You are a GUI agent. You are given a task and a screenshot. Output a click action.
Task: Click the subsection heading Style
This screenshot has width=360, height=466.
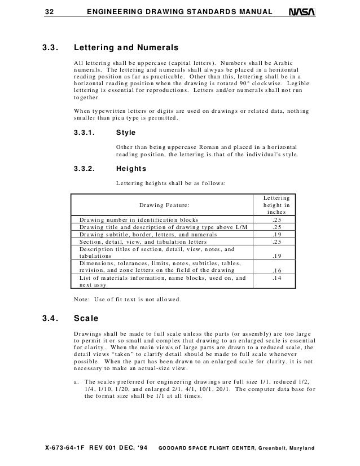point(125,134)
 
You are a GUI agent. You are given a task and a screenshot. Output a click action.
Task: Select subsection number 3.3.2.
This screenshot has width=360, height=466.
point(85,169)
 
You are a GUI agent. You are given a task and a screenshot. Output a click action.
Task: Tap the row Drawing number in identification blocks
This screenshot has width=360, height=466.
point(138,219)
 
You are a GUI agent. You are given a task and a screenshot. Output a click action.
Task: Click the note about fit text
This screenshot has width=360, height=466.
point(128,300)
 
